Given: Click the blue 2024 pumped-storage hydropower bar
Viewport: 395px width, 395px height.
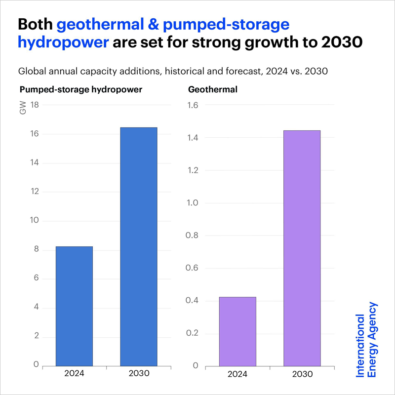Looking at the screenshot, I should point(74,306).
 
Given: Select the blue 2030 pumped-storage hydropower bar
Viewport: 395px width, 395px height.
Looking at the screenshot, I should point(139,247).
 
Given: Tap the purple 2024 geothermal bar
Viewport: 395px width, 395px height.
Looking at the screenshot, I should point(237,331).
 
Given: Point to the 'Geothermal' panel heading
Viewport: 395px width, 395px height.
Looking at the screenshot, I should point(206,90).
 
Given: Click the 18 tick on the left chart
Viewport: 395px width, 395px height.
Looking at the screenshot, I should point(35,105).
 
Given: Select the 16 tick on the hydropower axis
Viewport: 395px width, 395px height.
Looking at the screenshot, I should point(35,134).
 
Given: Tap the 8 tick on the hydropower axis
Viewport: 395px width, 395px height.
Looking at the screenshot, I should point(36,250).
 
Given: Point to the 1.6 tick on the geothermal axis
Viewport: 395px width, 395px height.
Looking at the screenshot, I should point(192,105).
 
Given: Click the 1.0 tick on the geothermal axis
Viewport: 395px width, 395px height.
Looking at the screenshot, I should point(192,203).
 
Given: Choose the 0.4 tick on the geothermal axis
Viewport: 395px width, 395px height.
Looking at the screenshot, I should point(192,301).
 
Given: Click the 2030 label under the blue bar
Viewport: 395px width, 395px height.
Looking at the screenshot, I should point(139,374).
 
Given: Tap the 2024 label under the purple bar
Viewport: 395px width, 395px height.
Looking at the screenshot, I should point(237,374).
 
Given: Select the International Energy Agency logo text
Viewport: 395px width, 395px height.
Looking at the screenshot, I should point(367,340).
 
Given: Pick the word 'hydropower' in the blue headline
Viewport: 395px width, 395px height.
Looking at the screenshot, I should point(63,42).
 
